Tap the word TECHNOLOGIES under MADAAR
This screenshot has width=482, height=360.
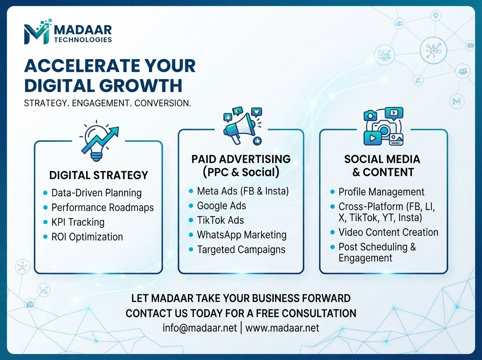click(x=83, y=40)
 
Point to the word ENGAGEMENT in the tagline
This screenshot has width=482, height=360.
click(x=102, y=103)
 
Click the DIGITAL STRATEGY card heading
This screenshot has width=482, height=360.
click(x=98, y=175)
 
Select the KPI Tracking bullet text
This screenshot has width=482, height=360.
click(x=78, y=222)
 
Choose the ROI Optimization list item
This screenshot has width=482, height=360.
click(x=87, y=237)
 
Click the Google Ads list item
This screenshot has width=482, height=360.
click(x=222, y=206)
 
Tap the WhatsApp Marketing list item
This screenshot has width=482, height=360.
click(x=242, y=235)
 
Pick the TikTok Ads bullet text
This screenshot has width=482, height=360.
click(x=221, y=220)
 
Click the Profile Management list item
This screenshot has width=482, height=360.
click(x=381, y=192)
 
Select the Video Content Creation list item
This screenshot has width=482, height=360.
click(x=388, y=232)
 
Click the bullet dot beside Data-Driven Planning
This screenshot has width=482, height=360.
click(x=45, y=193)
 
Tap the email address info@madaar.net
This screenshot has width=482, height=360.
click(x=200, y=328)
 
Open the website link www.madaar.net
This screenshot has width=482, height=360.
click(x=282, y=328)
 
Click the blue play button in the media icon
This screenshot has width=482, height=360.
click(x=372, y=138)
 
